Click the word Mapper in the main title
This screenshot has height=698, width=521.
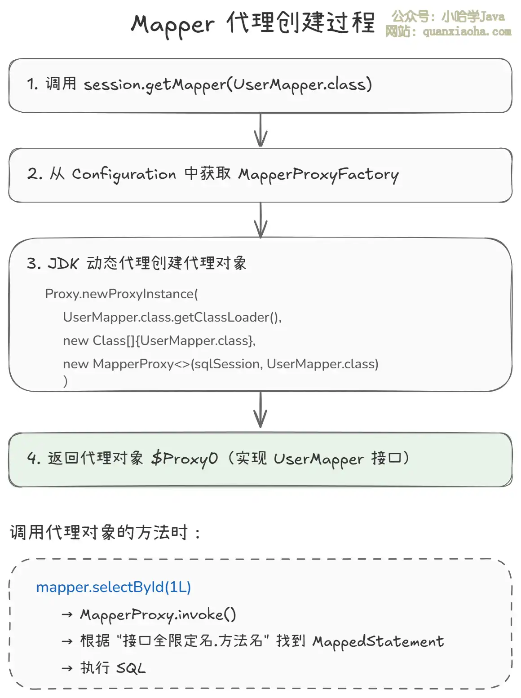pos(172,25)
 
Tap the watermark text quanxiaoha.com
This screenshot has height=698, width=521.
pos(467,31)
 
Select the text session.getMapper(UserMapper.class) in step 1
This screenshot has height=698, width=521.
pos(228,84)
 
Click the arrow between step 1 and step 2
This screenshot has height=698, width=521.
pos(260,130)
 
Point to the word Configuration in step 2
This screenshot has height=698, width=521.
pos(124,174)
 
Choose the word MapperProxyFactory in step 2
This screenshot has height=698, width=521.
pos(318,174)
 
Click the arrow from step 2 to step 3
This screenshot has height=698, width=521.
pos(260,220)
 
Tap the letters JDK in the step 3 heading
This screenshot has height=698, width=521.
pos(63,263)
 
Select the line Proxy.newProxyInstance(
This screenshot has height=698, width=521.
pos(121,294)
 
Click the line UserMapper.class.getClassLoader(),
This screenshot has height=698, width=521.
pos(172,317)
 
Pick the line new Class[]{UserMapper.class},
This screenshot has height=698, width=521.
pos(159,340)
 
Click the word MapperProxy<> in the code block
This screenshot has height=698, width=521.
pos(141,364)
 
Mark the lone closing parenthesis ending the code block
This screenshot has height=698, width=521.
pos(66,381)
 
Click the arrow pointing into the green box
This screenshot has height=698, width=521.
pos(260,411)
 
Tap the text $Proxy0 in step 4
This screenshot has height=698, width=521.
pos(185,459)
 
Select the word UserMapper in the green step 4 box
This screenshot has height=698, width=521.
pos(318,459)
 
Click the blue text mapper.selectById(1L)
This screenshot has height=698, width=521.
pos(113,587)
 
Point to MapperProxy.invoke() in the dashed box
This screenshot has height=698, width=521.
pos(158,614)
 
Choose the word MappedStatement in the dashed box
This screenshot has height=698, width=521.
pos(378,641)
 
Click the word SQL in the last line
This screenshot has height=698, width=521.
pos(131,668)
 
